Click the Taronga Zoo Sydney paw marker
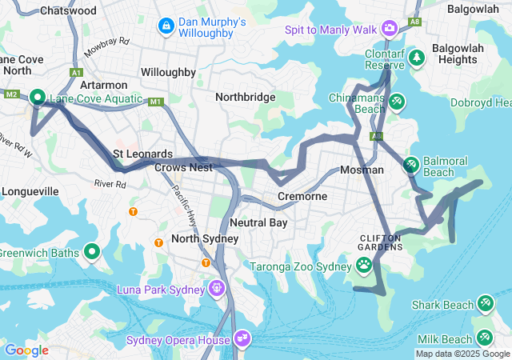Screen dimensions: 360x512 364,263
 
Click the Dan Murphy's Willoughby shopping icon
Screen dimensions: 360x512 166,26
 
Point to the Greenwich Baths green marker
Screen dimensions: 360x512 92,252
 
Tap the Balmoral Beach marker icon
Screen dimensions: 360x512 410,165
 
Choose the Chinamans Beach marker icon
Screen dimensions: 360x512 398,101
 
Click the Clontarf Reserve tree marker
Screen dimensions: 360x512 416,58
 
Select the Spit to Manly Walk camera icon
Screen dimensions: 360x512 390,28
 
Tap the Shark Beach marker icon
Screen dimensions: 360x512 485,303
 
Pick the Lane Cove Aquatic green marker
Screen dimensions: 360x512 38,98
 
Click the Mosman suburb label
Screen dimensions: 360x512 362,170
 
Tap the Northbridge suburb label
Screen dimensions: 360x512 246,97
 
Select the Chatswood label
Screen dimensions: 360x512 68,11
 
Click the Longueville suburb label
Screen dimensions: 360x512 30,191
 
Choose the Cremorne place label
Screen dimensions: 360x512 302,196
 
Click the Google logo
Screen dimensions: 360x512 26,350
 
